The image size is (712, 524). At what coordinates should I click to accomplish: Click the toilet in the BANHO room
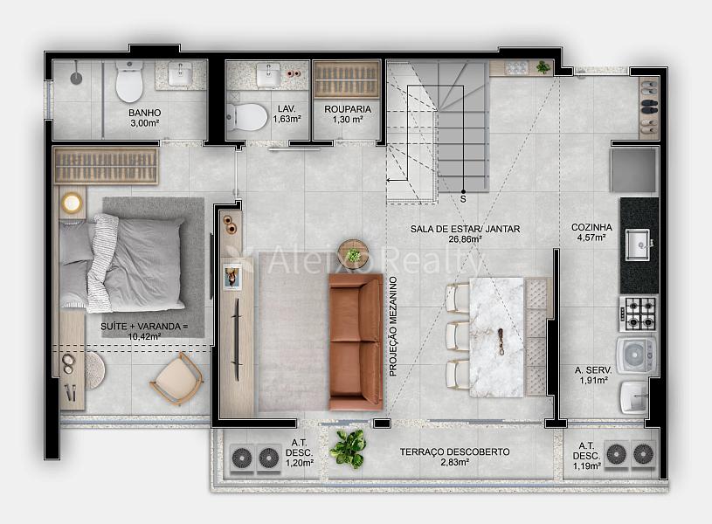(129, 81)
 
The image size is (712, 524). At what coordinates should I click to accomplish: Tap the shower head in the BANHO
(76, 78)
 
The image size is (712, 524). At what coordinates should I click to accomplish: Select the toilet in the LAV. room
(246, 116)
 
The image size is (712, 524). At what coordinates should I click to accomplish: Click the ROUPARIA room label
(348, 109)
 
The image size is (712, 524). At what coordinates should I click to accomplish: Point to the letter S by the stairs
(463, 199)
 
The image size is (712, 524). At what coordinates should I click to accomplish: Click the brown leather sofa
(356, 341)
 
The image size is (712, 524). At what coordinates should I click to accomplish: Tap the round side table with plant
(352, 254)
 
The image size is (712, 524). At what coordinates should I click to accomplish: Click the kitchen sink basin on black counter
(638, 245)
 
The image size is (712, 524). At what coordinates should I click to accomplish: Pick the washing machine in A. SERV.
(636, 355)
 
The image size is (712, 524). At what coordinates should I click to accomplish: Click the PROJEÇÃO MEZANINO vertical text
(393, 327)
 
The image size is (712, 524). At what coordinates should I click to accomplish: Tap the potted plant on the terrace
(348, 449)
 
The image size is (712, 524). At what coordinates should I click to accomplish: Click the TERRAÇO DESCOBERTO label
(454, 452)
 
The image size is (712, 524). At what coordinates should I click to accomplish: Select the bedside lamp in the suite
(72, 203)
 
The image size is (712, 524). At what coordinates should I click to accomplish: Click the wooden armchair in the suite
(176, 379)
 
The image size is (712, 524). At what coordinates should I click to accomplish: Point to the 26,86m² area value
(466, 239)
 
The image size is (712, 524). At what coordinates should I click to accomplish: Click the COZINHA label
(591, 227)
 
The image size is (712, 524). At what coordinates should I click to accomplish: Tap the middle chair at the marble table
(458, 336)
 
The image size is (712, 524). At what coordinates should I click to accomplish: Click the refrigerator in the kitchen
(633, 169)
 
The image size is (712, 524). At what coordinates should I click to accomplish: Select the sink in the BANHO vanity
(180, 74)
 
